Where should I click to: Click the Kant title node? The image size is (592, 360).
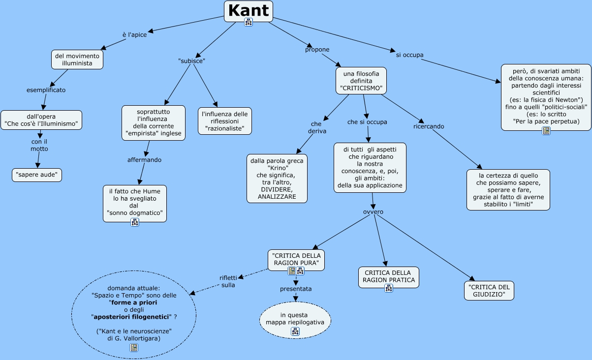point(249,11)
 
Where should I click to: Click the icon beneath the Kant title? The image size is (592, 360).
point(249,22)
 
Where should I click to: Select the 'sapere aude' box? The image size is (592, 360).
point(37,175)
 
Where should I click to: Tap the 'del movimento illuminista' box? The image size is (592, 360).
point(77,60)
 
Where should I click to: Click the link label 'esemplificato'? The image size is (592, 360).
point(46,90)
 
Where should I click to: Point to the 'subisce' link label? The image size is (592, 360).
point(191,61)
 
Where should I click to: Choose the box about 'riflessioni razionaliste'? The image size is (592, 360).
point(225,121)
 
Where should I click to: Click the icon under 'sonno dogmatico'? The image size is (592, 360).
point(135,222)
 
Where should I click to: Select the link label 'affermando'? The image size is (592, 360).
point(144,160)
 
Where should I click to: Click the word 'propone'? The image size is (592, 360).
point(317,50)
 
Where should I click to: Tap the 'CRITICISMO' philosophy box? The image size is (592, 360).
point(361,81)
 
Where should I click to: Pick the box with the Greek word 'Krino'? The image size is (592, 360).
point(277,179)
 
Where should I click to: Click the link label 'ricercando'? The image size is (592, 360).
point(429,126)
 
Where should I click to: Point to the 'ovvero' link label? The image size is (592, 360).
point(373,212)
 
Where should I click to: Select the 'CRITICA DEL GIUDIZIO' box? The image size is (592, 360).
point(489,291)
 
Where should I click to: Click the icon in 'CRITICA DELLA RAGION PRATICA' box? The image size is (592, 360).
point(388,289)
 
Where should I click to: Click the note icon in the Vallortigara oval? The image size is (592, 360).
point(134,348)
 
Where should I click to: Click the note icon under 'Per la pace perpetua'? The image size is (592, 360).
point(546,130)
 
